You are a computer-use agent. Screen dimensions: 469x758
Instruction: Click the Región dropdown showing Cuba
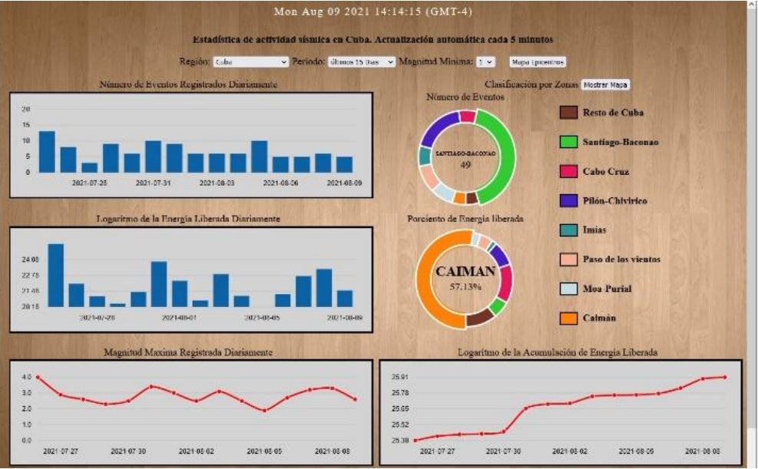(250, 61)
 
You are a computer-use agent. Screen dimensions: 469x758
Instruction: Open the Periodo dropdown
(362, 61)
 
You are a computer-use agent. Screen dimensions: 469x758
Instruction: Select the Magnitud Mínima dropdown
(485, 61)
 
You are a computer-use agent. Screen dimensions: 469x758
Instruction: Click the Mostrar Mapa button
(605, 84)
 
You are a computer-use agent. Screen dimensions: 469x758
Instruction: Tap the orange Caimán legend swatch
(568, 318)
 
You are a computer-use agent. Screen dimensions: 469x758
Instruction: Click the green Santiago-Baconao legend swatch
(568, 142)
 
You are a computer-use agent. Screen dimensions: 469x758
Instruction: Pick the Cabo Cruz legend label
(606, 171)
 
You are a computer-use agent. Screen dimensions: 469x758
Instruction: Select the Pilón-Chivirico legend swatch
(568, 200)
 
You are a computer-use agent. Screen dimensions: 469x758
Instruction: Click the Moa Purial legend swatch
(568, 289)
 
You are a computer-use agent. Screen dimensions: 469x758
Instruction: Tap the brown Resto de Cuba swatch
(568, 113)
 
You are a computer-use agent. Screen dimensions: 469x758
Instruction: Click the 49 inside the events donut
(465, 164)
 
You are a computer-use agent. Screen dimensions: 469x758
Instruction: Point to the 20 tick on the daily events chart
(25, 109)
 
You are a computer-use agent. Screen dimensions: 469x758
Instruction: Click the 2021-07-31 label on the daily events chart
(153, 183)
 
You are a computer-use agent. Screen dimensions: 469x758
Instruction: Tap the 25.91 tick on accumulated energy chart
(400, 377)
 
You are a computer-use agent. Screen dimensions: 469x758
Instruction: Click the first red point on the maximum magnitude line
(38, 377)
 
